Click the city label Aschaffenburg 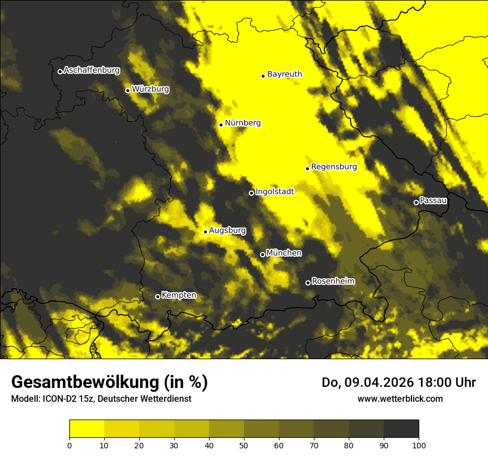(x=91, y=70)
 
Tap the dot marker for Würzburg (x=128, y=90)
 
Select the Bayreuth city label (x=284, y=74)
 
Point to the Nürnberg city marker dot (x=221, y=125)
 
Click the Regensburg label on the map (x=334, y=166)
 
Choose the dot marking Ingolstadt (x=251, y=193)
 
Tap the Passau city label (x=433, y=201)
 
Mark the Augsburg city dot (x=205, y=232)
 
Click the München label (x=284, y=253)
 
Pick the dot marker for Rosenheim (x=308, y=283)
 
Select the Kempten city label (x=179, y=295)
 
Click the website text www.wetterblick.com (x=400, y=398)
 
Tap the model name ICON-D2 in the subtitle (x=56, y=399)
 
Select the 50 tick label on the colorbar (x=244, y=444)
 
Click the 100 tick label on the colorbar (x=419, y=444)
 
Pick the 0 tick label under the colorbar (x=69, y=444)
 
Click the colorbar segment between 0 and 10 (x=87, y=429)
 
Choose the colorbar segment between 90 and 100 (x=401, y=429)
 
